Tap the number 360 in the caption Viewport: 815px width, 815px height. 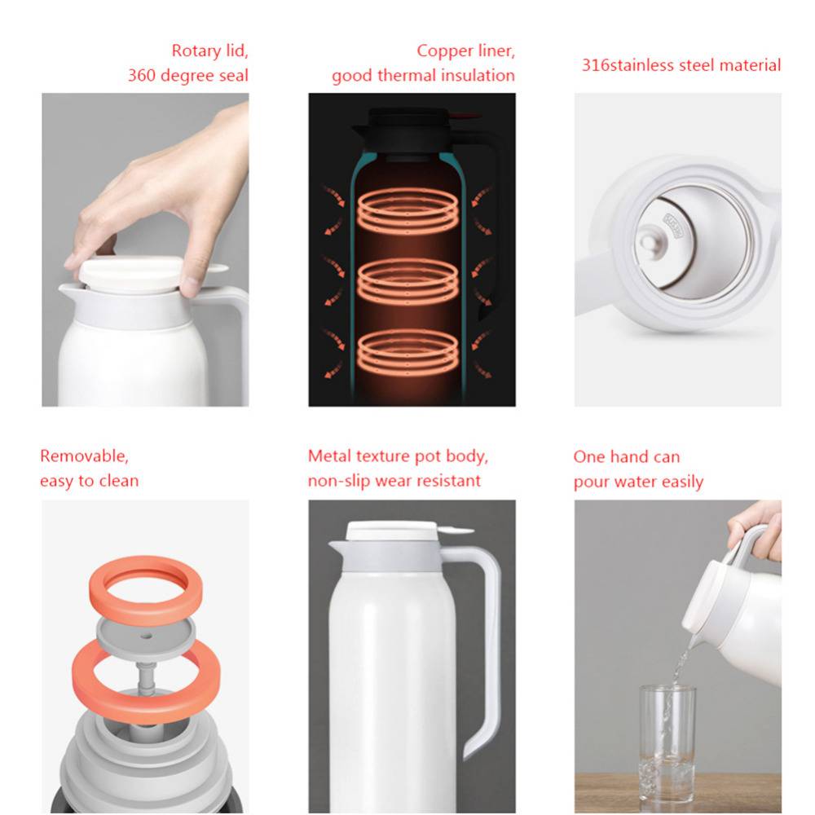[139, 75]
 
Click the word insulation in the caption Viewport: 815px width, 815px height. [478, 75]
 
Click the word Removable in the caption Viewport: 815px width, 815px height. [84, 456]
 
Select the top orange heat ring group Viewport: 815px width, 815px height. [408, 210]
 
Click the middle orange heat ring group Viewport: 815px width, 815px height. [408, 282]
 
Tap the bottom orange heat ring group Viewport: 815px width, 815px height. [408, 352]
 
